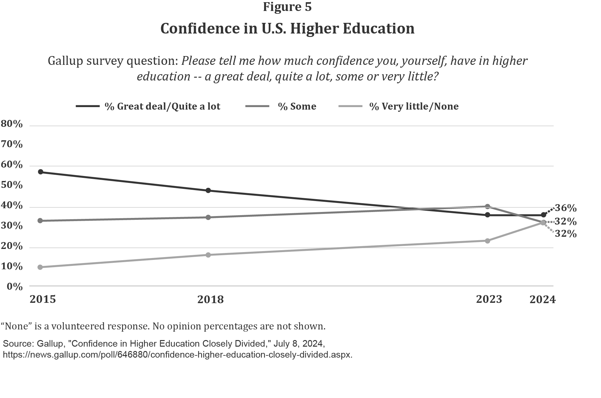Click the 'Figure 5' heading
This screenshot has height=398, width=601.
pyautogui.click(x=287, y=7)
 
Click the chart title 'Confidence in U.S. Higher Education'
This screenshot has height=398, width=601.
pyautogui.click(x=287, y=28)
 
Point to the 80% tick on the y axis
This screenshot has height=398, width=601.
pyautogui.click(x=12, y=124)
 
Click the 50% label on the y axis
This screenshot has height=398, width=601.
pyautogui.click(x=12, y=185)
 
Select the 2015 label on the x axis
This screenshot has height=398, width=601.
pyautogui.click(x=43, y=299)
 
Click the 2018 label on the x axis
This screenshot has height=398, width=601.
pyautogui.click(x=211, y=300)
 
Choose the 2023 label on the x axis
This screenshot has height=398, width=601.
pyautogui.click(x=489, y=299)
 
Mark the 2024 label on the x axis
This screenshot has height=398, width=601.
pyautogui.click(x=542, y=300)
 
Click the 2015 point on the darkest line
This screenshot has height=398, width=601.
pyautogui.click(x=40, y=172)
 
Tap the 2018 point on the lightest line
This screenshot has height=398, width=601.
pyautogui.click(x=208, y=255)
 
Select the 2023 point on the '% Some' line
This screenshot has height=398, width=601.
pyautogui.click(x=487, y=206)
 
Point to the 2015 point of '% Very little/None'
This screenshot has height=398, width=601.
pyautogui.click(x=40, y=267)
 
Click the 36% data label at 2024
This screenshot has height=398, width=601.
pyautogui.click(x=565, y=208)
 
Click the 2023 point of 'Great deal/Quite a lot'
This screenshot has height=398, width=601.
pyautogui.click(x=487, y=215)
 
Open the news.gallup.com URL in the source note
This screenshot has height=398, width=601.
pyautogui.click(x=177, y=355)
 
